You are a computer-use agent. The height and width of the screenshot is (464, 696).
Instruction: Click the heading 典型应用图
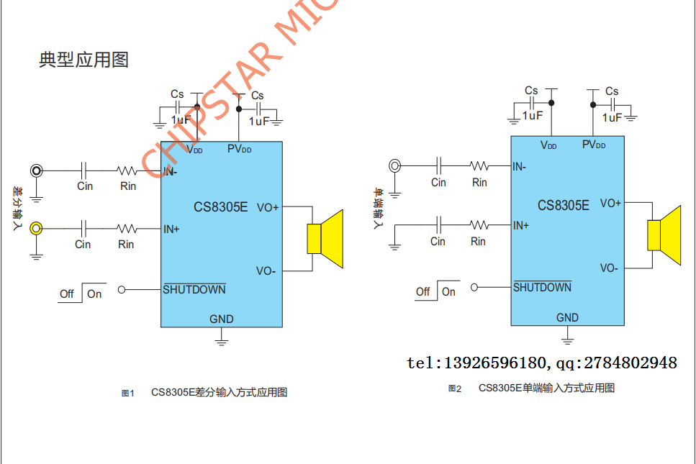(x=83, y=60)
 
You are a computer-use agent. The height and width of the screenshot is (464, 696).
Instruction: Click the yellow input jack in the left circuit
(x=36, y=229)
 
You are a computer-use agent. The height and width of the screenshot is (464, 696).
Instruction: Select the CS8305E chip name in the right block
(x=563, y=205)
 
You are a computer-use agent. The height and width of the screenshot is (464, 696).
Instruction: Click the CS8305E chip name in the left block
(x=220, y=207)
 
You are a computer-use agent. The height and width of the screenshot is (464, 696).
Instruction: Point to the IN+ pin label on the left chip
(x=171, y=229)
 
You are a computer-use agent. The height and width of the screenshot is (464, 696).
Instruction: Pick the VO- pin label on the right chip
(x=609, y=268)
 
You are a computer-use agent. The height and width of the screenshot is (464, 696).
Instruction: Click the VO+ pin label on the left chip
(x=267, y=207)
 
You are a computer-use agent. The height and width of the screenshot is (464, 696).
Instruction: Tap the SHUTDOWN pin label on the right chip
(x=542, y=288)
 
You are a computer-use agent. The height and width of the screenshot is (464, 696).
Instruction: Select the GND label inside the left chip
(x=221, y=319)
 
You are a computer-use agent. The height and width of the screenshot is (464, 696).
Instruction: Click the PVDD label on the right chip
(x=593, y=145)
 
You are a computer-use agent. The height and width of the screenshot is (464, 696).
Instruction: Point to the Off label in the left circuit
(x=67, y=294)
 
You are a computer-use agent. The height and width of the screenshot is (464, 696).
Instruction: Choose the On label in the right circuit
(x=448, y=291)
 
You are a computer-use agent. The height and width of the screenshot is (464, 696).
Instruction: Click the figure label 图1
(x=128, y=393)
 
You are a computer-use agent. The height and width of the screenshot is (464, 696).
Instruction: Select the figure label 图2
(x=454, y=388)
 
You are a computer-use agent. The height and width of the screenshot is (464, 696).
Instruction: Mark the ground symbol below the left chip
(x=222, y=337)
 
